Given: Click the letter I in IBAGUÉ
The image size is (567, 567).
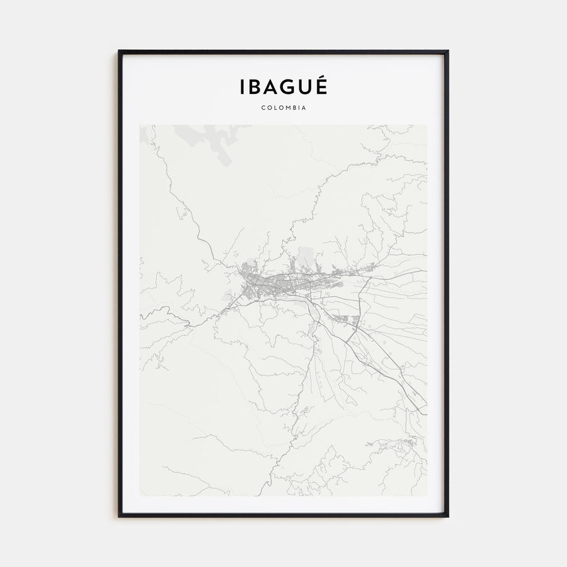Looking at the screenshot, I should pyautogui.click(x=242, y=88).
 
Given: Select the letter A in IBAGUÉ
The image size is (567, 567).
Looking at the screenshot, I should pyautogui.click(x=270, y=88).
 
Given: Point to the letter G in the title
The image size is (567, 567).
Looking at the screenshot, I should pyautogui.click(x=287, y=88).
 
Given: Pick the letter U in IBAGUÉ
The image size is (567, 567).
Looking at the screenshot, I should pyautogui.click(x=304, y=88).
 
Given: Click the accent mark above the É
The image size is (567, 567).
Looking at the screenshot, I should pyautogui.click(x=321, y=79).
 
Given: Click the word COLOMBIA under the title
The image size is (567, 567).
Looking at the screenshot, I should pyautogui.click(x=283, y=108).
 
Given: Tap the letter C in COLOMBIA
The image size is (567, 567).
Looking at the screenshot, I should pyautogui.click(x=263, y=108).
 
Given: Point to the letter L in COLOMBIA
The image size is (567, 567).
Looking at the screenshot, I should pyautogui.click(x=275, y=108).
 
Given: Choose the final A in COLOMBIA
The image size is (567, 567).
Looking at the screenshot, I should pyautogui.click(x=304, y=108).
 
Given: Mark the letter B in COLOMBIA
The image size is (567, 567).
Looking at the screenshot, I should pyautogui.click(x=294, y=108).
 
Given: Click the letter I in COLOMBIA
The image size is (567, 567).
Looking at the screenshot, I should pyautogui.click(x=299, y=108).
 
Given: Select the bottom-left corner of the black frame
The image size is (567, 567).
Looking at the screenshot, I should pyautogui.click(x=119, y=516).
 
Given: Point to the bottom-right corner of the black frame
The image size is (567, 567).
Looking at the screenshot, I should pyautogui.click(x=447, y=516).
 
